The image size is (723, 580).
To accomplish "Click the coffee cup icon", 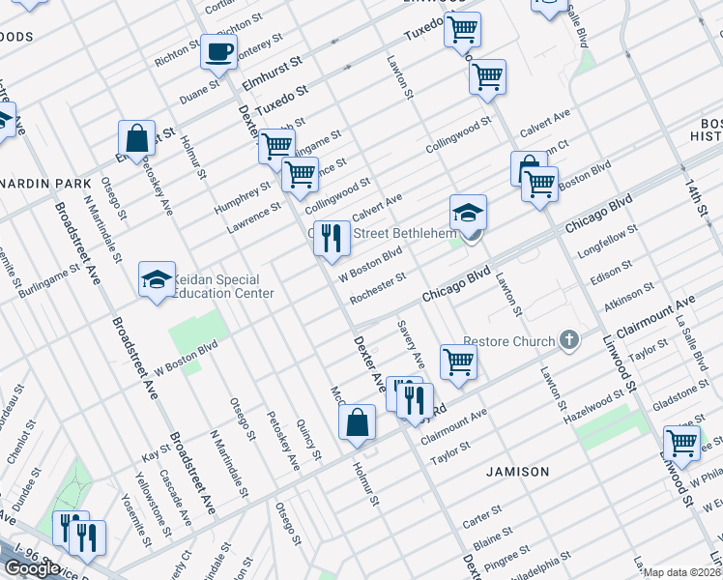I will click(217, 51).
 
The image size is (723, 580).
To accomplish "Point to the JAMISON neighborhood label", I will click(518, 472).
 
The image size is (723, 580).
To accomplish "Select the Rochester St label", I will click(378, 287).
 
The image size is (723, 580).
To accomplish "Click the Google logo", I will click(32, 568).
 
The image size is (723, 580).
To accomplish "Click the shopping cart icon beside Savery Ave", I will click(458, 362).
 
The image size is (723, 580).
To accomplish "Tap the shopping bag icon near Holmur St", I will click(357, 421).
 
